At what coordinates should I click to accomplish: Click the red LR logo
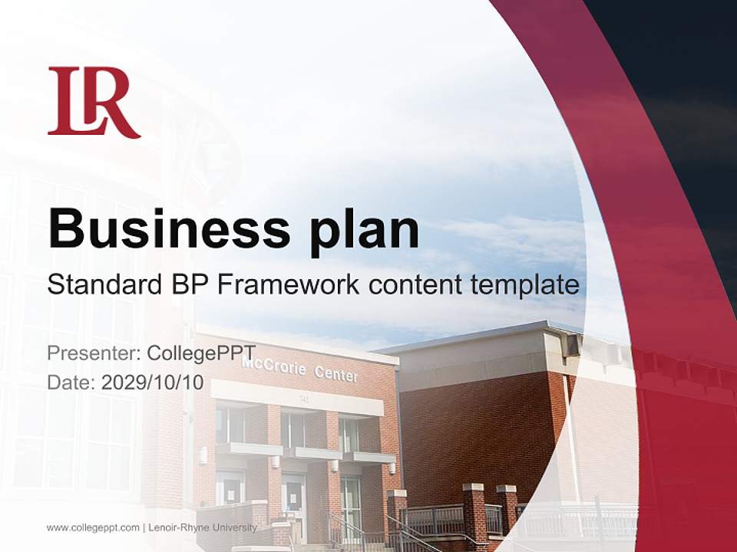coord(94,102)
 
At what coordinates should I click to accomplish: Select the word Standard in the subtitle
coord(101,285)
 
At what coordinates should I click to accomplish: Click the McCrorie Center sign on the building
coord(299,369)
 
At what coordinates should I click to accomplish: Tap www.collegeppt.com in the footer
coord(93,527)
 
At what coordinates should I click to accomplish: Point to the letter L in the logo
coord(68,100)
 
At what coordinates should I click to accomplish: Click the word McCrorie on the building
coord(273,365)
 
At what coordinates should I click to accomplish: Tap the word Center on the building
coord(335,375)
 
